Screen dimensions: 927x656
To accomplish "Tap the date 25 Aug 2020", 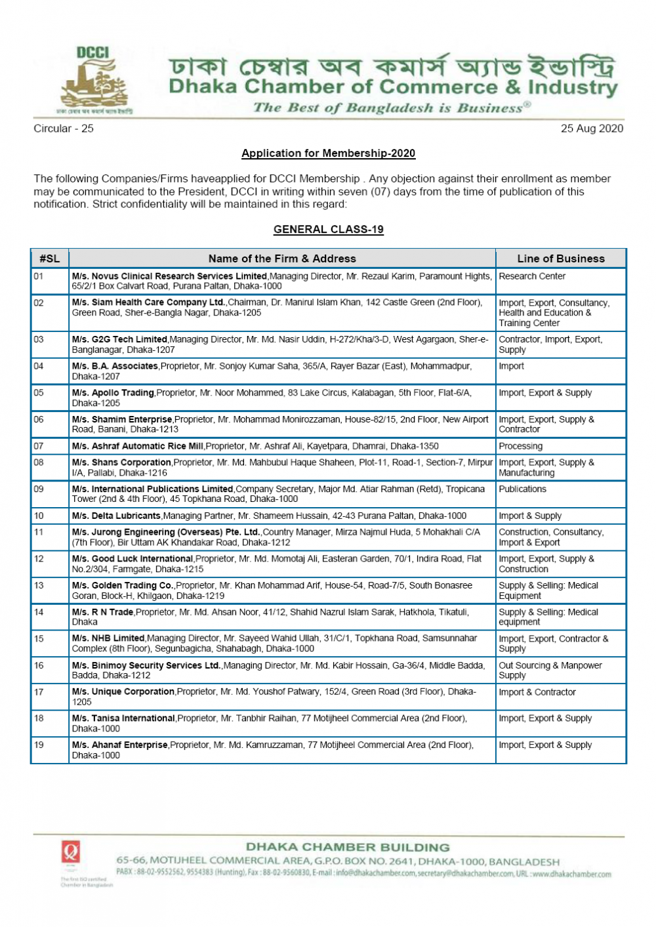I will coord(592,129).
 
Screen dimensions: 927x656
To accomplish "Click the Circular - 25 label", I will coord(64,129).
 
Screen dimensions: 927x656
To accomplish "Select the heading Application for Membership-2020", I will coord(328,154).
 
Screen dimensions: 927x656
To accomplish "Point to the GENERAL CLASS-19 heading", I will coord(328,230).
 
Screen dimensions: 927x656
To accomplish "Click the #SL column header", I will coord(50,258).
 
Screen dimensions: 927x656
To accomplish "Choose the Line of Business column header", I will coord(561,258).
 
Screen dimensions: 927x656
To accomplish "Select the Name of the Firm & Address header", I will coord(282,258).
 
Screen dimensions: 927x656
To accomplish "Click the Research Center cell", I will coord(532,276).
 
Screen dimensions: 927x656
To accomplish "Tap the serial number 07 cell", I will coord(39,446).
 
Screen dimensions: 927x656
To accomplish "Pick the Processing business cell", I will coord(521,446).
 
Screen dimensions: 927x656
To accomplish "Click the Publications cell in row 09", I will coord(522,489).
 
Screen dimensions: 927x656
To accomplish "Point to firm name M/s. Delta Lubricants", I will coord(116,516).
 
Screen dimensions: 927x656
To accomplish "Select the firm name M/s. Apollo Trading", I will coord(113,393).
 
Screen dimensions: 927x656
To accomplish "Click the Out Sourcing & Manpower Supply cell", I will coord(550,670).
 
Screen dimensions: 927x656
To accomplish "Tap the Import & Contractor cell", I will coord(537,692).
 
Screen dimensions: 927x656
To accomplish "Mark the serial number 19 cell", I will coord(39,745).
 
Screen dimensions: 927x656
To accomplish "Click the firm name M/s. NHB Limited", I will coord(108,638).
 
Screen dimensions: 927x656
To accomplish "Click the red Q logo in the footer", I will coord(71,852).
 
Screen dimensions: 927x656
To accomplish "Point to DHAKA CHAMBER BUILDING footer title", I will coord(348,848).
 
